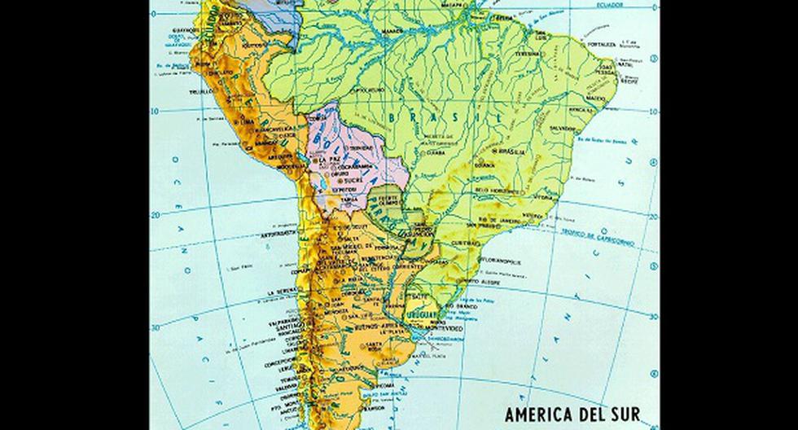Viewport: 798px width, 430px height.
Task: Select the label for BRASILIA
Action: tap(514, 151)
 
